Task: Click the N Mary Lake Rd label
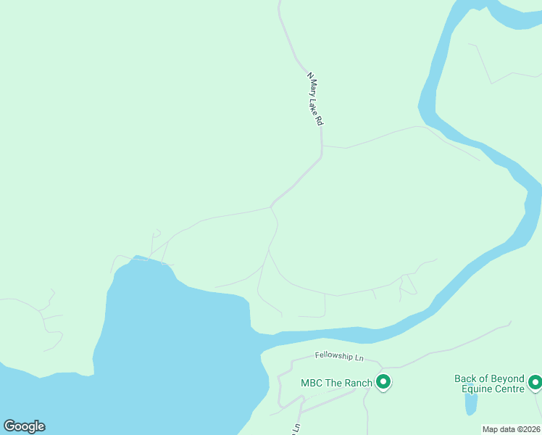314,100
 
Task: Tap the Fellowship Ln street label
338,356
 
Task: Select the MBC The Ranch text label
336,382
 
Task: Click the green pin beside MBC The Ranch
383,381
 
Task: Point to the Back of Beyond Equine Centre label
489,384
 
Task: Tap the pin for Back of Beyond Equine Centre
535,381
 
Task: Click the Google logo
24,426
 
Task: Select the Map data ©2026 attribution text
511,429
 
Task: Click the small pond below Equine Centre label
471,402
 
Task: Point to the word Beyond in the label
507,378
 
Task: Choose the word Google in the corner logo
24,426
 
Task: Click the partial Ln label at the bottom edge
296,428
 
